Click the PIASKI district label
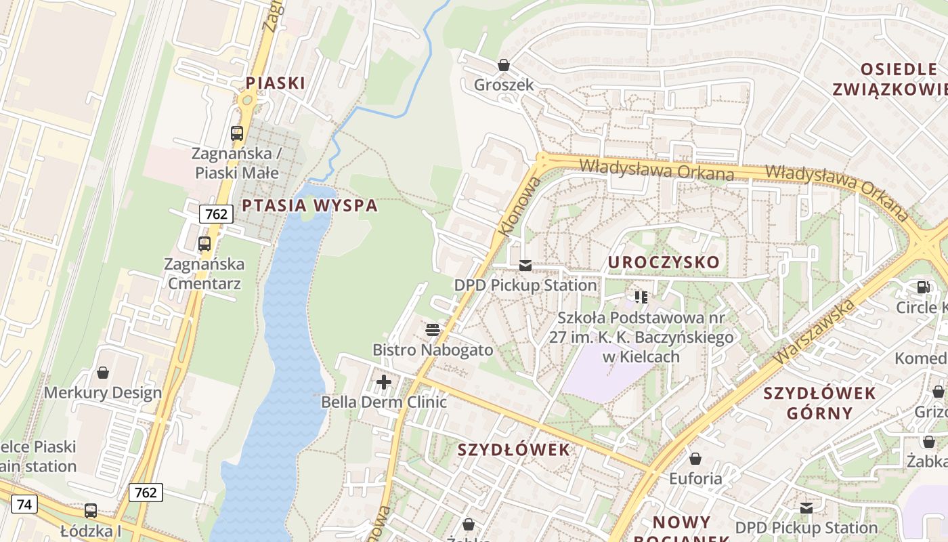pos(275,83)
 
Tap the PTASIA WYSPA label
pos(309,205)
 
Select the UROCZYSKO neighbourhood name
pos(664,262)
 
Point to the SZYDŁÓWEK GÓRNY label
pos(819,403)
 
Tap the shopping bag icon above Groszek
pos(503,65)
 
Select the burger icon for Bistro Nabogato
pos(432,330)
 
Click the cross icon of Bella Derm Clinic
pos(384,382)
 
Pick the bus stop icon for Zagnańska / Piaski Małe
pos(236,133)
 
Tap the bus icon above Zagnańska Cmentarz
pos(204,244)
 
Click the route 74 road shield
pos(24,504)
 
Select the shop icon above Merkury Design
pos(103,373)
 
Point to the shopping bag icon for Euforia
pos(695,459)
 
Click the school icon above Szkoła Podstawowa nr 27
pos(641,297)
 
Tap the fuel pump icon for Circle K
pos(922,287)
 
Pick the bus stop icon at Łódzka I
pos(90,511)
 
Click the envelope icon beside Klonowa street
pos(525,266)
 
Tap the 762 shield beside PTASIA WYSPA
pos(216,214)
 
